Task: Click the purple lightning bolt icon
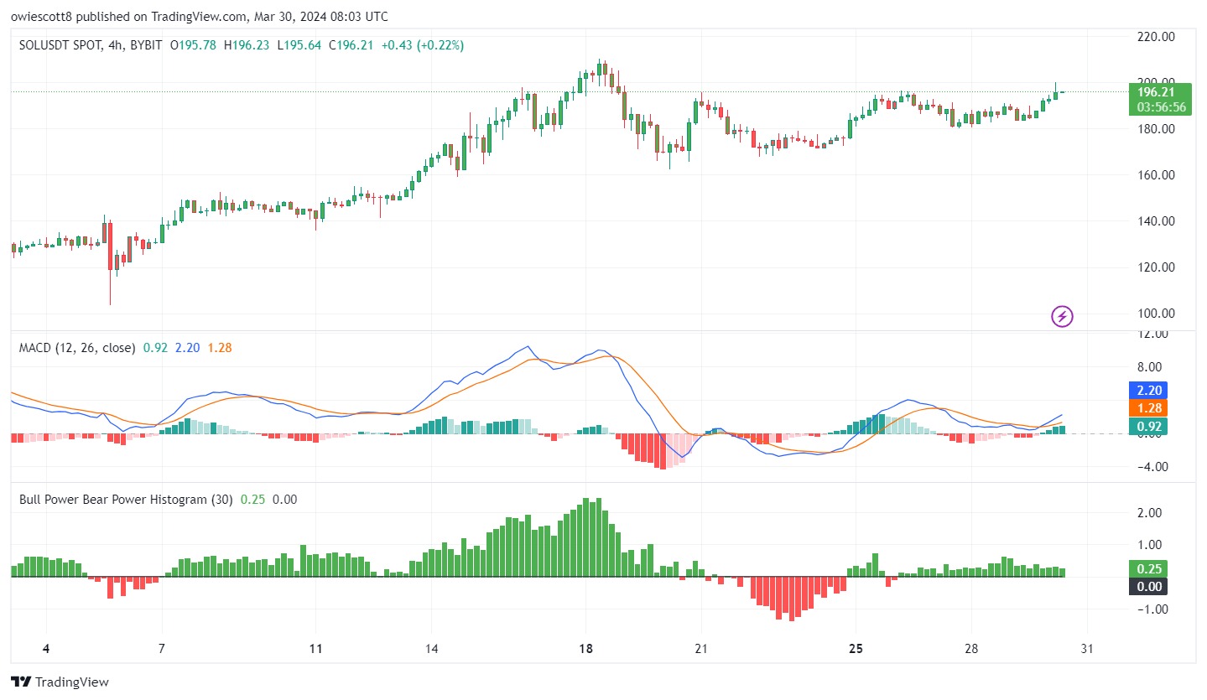(1062, 316)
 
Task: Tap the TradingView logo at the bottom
(60, 682)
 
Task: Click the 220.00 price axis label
(1156, 37)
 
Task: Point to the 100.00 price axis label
(1156, 314)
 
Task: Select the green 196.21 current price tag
(1160, 99)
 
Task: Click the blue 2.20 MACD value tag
(1148, 390)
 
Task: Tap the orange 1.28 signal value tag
(1148, 408)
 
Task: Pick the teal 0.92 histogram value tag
(1148, 427)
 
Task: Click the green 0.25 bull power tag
(1148, 568)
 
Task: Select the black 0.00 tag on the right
(1148, 586)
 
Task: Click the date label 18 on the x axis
(585, 649)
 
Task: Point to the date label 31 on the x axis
(1087, 649)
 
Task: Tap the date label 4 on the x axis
(46, 649)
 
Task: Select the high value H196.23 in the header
(247, 45)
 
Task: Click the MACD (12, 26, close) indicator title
(77, 348)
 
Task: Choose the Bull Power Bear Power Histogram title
(126, 500)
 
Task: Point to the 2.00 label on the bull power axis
(1149, 512)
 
